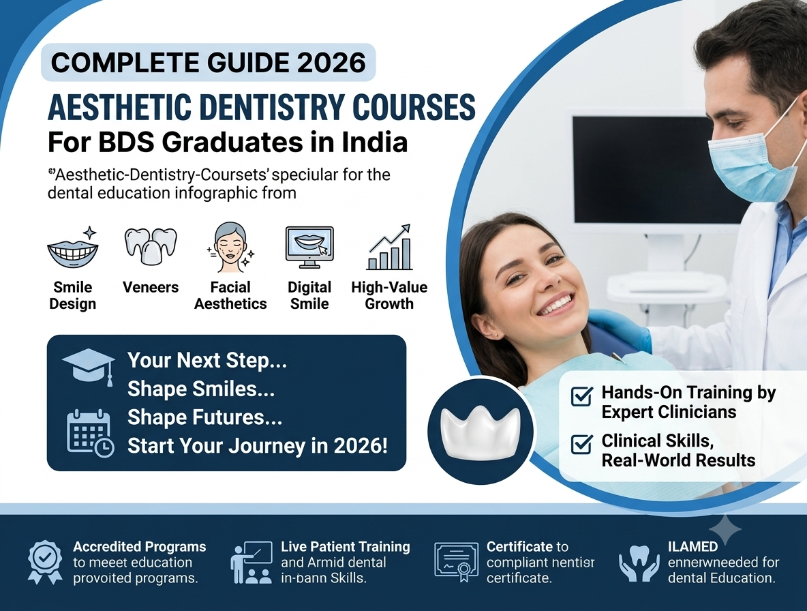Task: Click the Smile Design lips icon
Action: click(73, 249)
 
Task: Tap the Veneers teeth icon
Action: click(150, 246)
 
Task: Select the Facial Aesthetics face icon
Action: click(230, 247)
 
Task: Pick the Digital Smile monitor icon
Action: click(309, 247)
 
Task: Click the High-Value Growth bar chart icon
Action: click(390, 247)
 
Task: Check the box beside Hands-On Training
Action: click(582, 396)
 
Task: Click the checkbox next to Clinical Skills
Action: click(582, 444)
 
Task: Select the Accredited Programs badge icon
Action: click(45, 562)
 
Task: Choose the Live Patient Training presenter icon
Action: click(251, 562)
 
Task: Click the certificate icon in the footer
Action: click(456, 562)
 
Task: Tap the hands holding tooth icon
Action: click(639, 564)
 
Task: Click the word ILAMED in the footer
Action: click(692, 547)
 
